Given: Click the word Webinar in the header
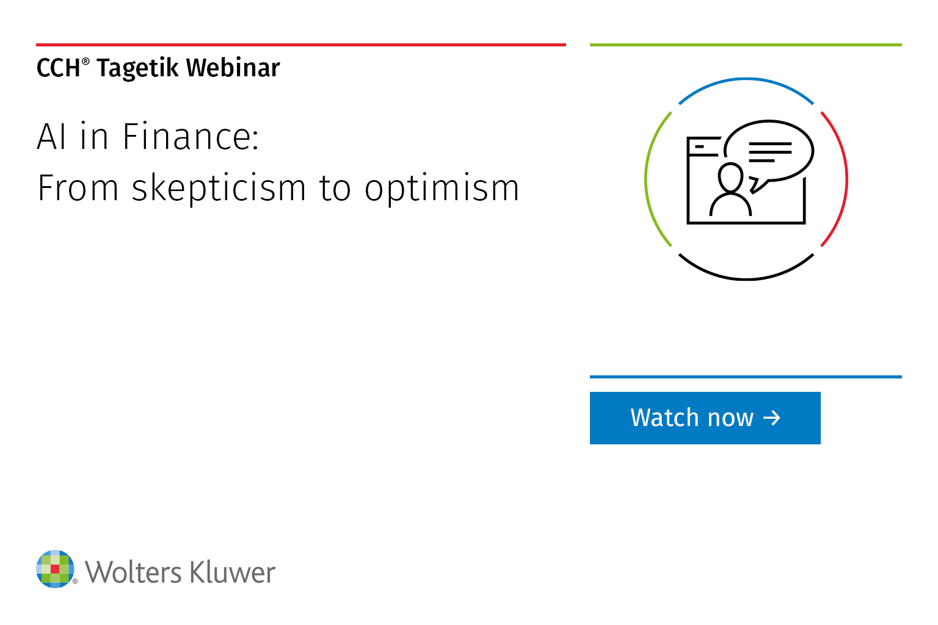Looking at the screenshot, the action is [233, 67].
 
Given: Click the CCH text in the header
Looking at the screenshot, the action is [58, 68].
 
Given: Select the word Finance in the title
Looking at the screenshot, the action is [191, 137].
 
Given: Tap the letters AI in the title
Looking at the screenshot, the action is [51, 137].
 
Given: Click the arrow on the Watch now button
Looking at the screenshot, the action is [771, 417].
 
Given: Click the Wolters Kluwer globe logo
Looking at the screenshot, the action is [56, 569].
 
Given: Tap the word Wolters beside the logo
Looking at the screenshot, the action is [133, 572].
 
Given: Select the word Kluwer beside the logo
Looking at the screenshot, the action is [233, 572].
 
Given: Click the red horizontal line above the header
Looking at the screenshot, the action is [301, 45].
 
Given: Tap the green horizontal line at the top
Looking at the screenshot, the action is [746, 45].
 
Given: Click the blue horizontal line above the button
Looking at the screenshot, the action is [746, 377].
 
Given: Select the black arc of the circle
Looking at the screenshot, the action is [746, 279].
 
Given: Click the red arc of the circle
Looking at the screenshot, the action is [847, 179].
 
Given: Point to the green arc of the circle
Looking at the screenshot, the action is [645, 179].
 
